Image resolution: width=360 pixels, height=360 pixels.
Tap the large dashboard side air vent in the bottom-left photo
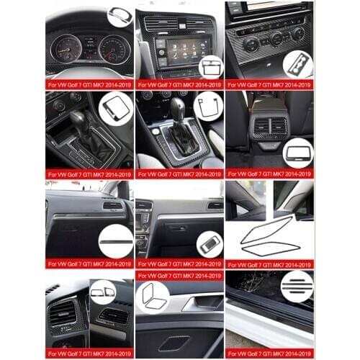[x=63, y=312]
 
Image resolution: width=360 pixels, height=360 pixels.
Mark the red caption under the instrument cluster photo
[x=89, y=84]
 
